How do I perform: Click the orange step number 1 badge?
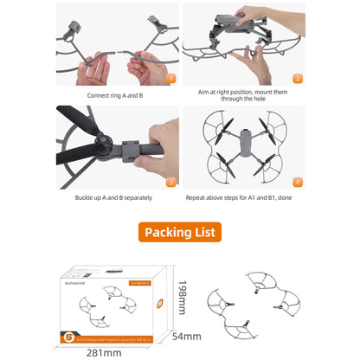pos(170,78)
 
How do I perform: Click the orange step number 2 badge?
pos(297,78)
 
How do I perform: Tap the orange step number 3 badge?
pos(170,182)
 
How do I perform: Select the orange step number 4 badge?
pos(297,182)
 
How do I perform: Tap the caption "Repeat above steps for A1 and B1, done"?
pos(242,197)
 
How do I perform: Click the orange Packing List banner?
pos(180,232)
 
